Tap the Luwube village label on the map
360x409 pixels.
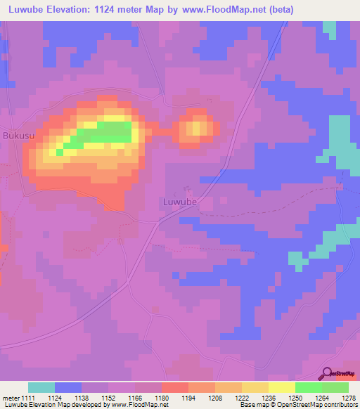pyautogui.click(x=179, y=202)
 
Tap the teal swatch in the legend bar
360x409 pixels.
pyautogui.click(x=41, y=387)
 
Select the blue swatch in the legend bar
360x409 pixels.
pyautogui.click(x=68, y=387)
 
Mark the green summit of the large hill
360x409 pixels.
pyautogui.click(x=105, y=133)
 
